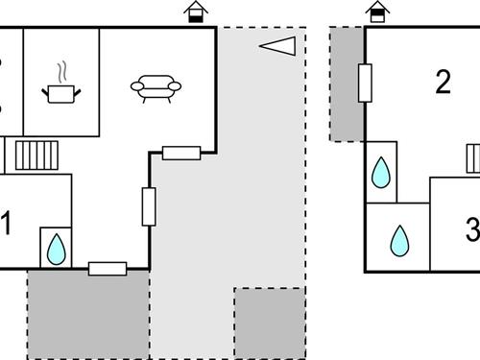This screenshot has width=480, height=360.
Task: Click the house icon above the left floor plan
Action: point(197,11)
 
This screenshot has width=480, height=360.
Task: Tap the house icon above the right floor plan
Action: point(379,11)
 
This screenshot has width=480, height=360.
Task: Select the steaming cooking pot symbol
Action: point(62,87)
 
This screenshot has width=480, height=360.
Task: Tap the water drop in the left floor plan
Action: point(56,249)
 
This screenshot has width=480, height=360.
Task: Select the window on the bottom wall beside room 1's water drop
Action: point(108,269)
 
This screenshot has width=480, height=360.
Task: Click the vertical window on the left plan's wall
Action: point(149,206)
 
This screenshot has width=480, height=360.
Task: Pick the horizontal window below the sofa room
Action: point(180,152)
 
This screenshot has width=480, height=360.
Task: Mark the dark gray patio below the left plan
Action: point(88,314)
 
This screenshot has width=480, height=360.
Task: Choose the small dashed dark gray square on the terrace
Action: point(270,322)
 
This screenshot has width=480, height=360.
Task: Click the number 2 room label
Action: point(443,83)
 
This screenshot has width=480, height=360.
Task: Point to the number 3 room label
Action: point(471,230)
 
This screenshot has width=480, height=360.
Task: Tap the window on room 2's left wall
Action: point(365,83)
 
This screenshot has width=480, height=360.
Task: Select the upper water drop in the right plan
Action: point(381,173)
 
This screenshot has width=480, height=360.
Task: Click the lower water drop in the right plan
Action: point(398,238)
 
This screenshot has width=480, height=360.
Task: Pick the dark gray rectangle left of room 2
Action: point(347,84)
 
